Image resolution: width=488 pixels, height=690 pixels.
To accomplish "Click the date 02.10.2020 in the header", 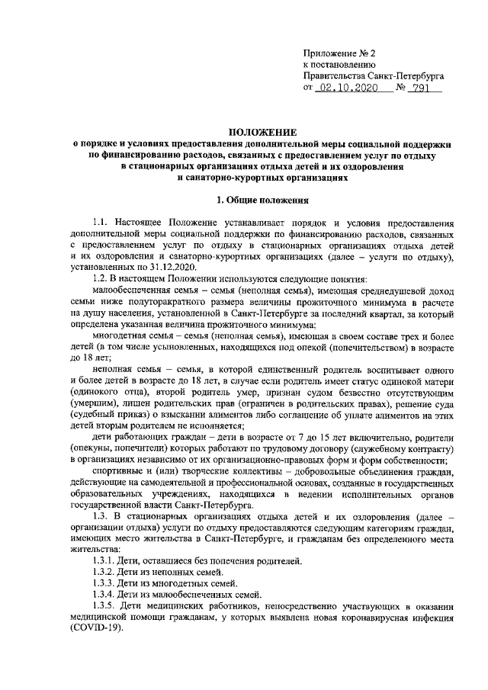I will pos(345,88).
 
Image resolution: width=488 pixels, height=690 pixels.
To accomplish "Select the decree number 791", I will pos(418,88).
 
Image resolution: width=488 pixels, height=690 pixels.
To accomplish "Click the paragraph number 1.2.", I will pos(101,279).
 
